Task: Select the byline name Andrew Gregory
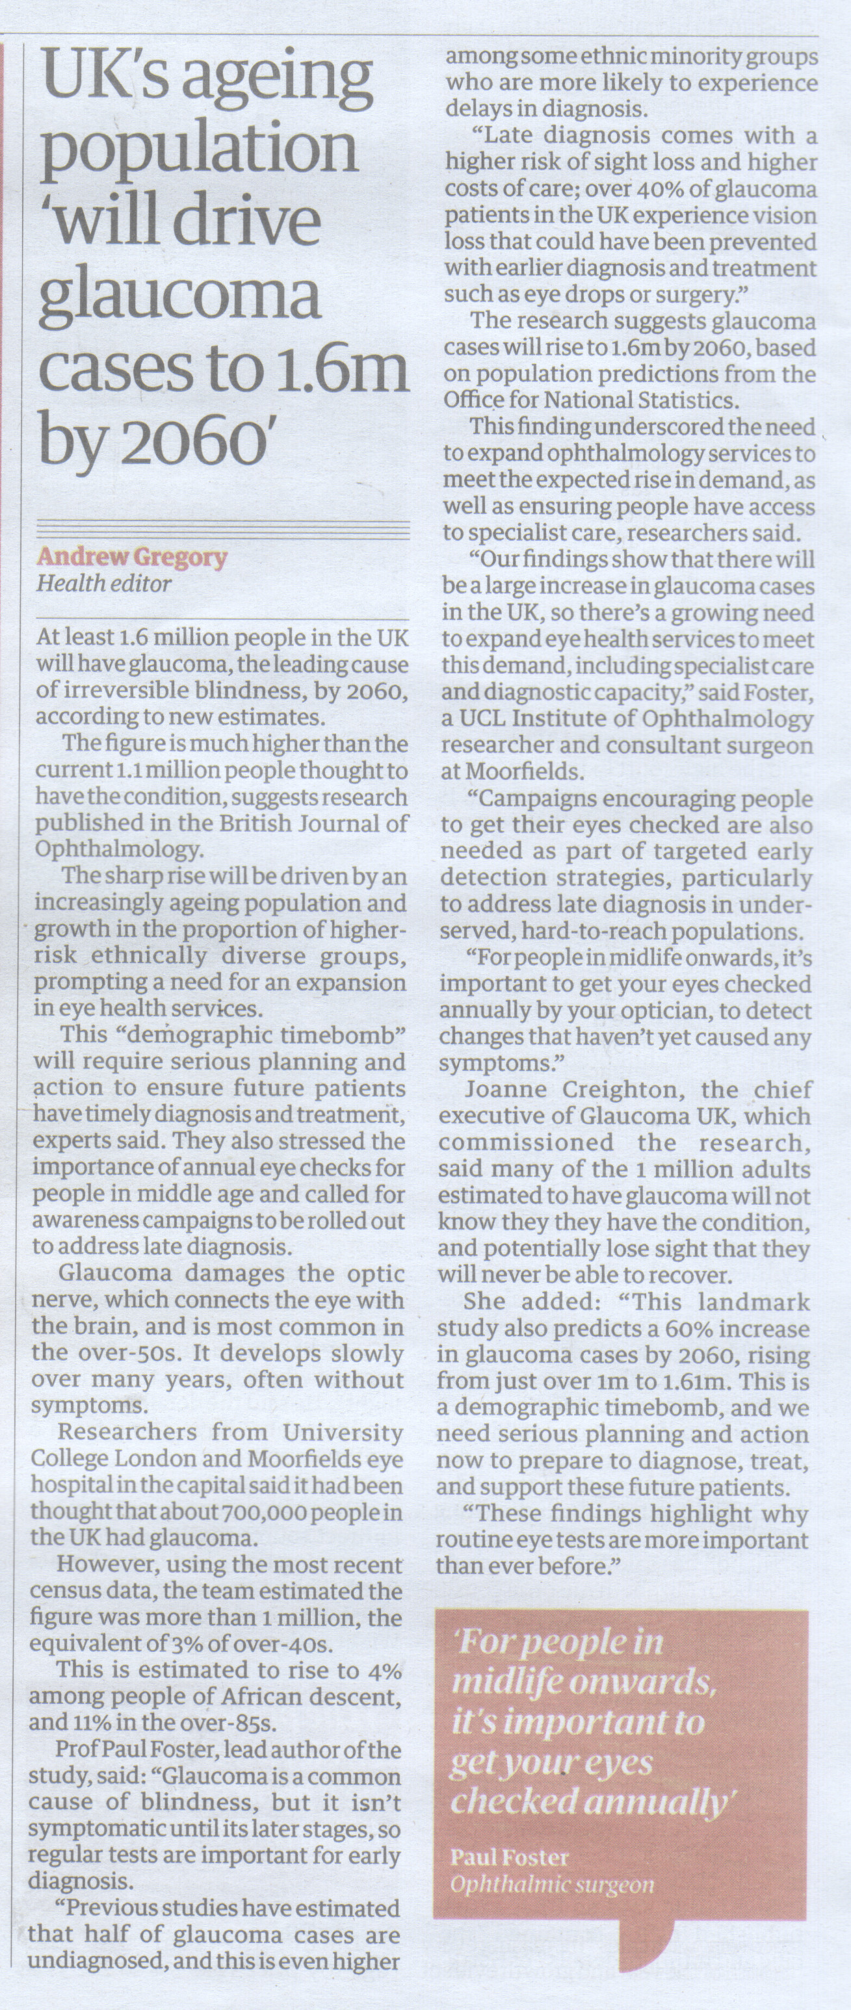(x=132, y=557)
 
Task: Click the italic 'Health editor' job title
(x=104, y=584)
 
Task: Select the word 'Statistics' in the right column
(x=685, y=401)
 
